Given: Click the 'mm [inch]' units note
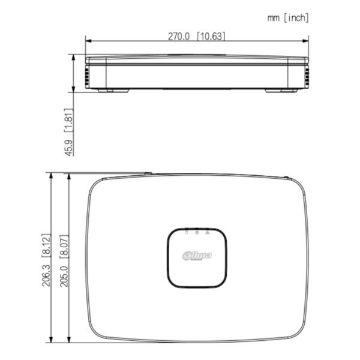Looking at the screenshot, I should pos(288,18).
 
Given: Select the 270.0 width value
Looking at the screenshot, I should pos(178,36).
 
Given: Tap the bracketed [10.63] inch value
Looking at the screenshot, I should pos(211,36).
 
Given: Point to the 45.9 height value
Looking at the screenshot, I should pos(69,146).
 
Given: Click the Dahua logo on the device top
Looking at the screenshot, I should pos(197,256).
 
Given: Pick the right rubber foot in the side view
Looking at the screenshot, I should pos(281,91).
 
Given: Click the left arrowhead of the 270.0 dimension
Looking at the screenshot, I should pos(88,41).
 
